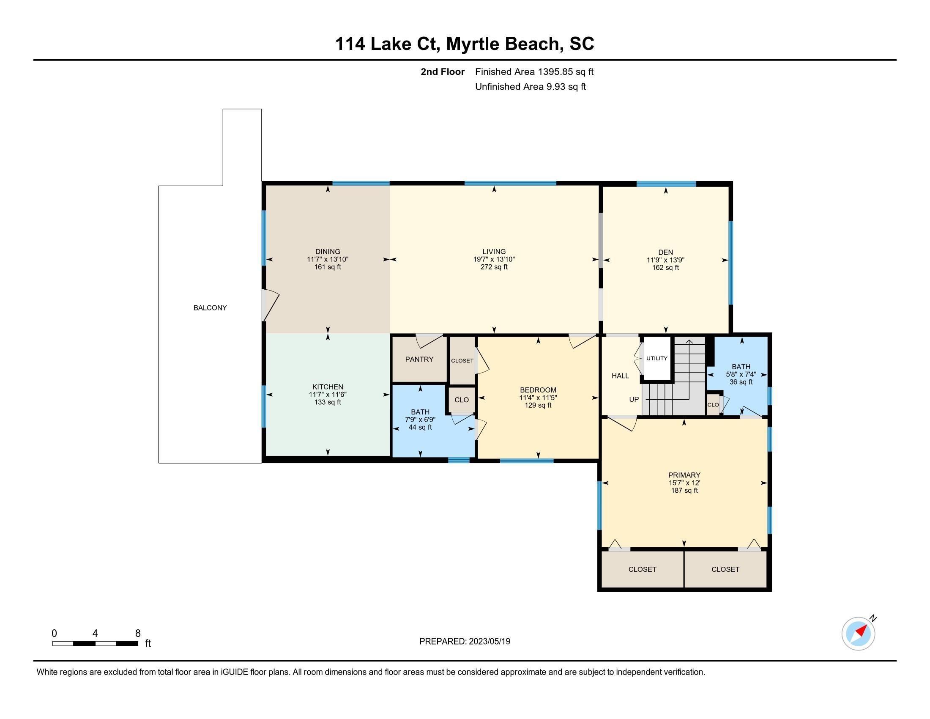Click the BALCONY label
tap(210, 307)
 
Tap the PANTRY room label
tap(419, 359)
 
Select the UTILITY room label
tap(656, 358)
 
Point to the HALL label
tap(620, 376)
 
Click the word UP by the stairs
tap(634, 399)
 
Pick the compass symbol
tap(859, 634)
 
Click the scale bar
tap(95, 643)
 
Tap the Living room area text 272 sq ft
tap(494, 267)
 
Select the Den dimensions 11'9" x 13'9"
tap(665, 260)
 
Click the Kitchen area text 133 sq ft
tap(328, 402)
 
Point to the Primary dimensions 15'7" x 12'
tap(684, 483)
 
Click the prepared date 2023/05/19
tap(489, 641)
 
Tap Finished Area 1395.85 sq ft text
tap(534, 71)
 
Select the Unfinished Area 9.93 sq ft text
tap(531, 86)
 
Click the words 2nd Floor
tap(443, 71)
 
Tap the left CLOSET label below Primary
tap(642, 569)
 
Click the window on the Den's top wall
tap(666, 184)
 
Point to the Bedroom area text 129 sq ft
tap(538, 405)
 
